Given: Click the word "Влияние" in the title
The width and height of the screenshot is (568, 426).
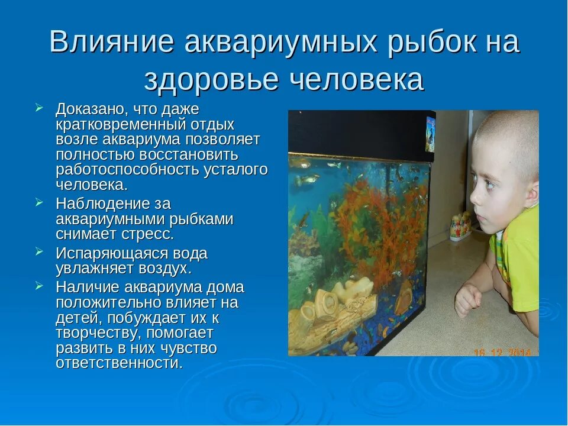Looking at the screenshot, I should [111, 43].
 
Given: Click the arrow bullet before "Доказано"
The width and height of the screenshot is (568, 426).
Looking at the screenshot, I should [39, 108].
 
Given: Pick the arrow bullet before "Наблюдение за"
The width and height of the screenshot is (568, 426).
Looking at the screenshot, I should [39, 202].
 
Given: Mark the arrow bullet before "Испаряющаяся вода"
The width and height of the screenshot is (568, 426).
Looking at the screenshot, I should [39, 252].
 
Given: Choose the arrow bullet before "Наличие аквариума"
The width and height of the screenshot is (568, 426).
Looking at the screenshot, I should [39, 286].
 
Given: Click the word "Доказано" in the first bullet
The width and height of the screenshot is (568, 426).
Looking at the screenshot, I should [90, 109].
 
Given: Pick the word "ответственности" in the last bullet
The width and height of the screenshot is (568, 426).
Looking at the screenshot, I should [118, 363].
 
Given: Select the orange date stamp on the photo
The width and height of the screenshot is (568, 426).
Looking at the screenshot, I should [503, 352].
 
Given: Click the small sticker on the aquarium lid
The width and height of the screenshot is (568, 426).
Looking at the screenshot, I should [430, 134].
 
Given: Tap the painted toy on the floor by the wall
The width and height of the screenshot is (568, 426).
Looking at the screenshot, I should [460, 226].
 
